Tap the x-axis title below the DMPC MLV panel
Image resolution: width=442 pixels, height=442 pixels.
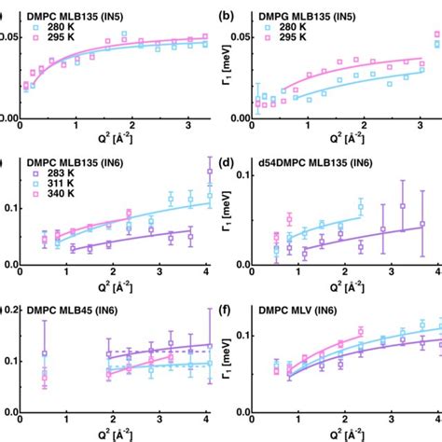[x=336, y=435]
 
